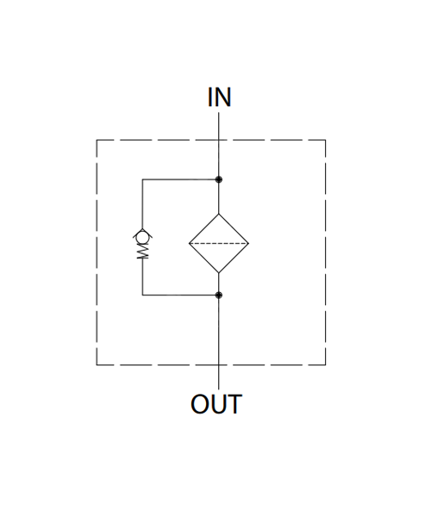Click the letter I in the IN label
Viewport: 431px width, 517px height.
click(x=210, y=97)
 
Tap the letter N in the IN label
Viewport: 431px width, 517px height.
click(x=223, y=97)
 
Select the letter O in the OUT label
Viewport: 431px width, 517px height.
click(x=200, y=404)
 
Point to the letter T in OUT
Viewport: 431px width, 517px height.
click(x=234, y=404)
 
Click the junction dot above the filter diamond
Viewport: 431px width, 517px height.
click(x=219, y=179)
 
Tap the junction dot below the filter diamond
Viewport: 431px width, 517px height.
click(x=219, y=295)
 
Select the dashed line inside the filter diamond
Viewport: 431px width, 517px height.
click(x=219, y=244)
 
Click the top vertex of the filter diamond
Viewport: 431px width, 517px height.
click(x=219, y=214)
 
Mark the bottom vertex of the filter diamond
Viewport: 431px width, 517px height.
click(x=219, y=273)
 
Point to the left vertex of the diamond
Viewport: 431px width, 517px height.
click(x=189, y=244)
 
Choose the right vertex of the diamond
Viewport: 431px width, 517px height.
click(x=248, y=244)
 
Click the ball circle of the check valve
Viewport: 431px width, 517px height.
click(x=142, y=236)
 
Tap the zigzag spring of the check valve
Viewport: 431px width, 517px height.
click(x=143, y=252)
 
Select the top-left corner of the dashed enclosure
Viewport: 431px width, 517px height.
click(x=97, y=140)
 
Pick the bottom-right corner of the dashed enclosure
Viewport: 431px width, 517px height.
click(x=326, y=365)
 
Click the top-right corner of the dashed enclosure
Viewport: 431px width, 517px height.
click(x=326, y=140)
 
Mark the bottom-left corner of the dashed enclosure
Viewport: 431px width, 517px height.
click(x=97, y=365)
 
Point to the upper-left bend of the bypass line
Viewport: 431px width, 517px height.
click(x=142, y=179)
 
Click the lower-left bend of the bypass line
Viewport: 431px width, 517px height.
click(x=142, y=295)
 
